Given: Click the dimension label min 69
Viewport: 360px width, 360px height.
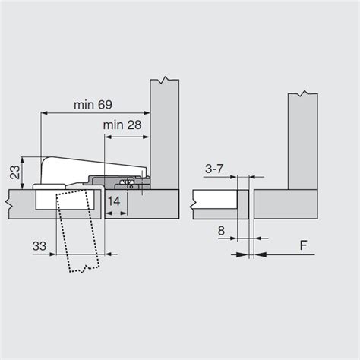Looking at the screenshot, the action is (x=93, y=105).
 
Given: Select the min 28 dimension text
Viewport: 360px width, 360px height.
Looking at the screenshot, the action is (x=122, y=125).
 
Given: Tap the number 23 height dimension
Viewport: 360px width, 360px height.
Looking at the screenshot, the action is (x=15, y=172).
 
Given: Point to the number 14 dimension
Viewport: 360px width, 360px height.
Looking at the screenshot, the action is (x=114, y=201).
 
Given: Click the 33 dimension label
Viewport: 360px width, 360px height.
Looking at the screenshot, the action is (x=39, y=246).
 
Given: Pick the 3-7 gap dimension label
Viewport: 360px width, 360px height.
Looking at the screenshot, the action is (x=214, y=169).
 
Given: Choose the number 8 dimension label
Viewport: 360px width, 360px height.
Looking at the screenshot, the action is (x=221, y=231).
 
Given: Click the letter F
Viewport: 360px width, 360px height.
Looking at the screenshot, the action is (x=303, y=245).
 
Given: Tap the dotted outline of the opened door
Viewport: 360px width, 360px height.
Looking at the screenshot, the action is (x=78, y=230).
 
